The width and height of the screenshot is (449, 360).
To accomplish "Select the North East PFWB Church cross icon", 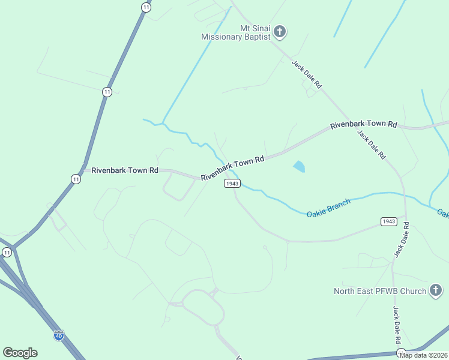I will coord(436,291).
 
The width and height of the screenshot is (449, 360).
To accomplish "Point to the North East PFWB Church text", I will coord(380,292).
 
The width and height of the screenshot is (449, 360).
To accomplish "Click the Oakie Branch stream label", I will coord(328,208).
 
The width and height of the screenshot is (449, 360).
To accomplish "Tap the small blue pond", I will coord(299,166).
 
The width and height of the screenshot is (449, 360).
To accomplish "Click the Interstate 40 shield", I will coord(58,335).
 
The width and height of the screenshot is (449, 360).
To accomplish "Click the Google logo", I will coord(20,353).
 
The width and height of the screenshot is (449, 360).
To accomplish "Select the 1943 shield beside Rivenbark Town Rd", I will coord(233,183).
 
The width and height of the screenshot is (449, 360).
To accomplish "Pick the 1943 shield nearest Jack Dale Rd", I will coord(388,221).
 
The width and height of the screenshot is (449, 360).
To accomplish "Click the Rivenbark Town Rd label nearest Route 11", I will coord(125,170).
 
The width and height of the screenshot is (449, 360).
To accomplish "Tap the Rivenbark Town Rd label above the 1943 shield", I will coord(232,169).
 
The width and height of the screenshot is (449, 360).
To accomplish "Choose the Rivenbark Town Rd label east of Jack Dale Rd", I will coord(364,124).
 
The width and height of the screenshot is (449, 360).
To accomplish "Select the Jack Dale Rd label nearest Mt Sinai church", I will coord(307,74).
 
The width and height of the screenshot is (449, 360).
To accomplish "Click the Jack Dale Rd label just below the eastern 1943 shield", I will coord(401,240).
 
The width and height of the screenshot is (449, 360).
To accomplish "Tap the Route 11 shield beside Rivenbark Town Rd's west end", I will coord(75,179).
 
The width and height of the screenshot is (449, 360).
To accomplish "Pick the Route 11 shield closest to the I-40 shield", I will coord(7,253).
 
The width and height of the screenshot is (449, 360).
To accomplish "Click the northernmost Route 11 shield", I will coord(146,7).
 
